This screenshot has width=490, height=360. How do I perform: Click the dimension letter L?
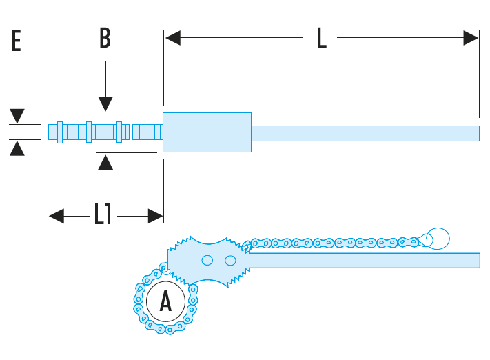click(x=321, y=39)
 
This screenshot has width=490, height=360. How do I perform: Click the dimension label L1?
click(x=103, y=216)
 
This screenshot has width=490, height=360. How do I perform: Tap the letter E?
click(x=17, y=42)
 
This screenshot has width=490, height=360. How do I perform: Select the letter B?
click(x=105, y=38)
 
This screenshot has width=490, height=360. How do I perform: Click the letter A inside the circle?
click(x=165, y=301)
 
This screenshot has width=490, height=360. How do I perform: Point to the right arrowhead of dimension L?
click(x=471, y=38)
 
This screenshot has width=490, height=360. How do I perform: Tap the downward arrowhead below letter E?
click(x=17, y=116)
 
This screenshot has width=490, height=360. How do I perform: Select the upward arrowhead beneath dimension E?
click(x=17, y=148)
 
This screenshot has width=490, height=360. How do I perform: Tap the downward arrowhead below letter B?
click(x=105, y=103)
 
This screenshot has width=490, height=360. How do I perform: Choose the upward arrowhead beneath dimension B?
click(x=105, y=162)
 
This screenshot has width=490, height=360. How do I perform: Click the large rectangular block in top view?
click(x=207, y=132)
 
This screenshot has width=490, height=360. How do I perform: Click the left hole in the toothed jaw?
click(x=206, y=260)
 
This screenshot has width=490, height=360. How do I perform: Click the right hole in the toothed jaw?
click(x=230, y=260)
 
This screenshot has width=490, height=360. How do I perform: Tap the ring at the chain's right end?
click(x=437, y=239)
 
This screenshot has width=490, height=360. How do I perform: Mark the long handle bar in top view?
click(x=365, y=132)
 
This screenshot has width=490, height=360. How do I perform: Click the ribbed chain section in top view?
click(x=103, y=131)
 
